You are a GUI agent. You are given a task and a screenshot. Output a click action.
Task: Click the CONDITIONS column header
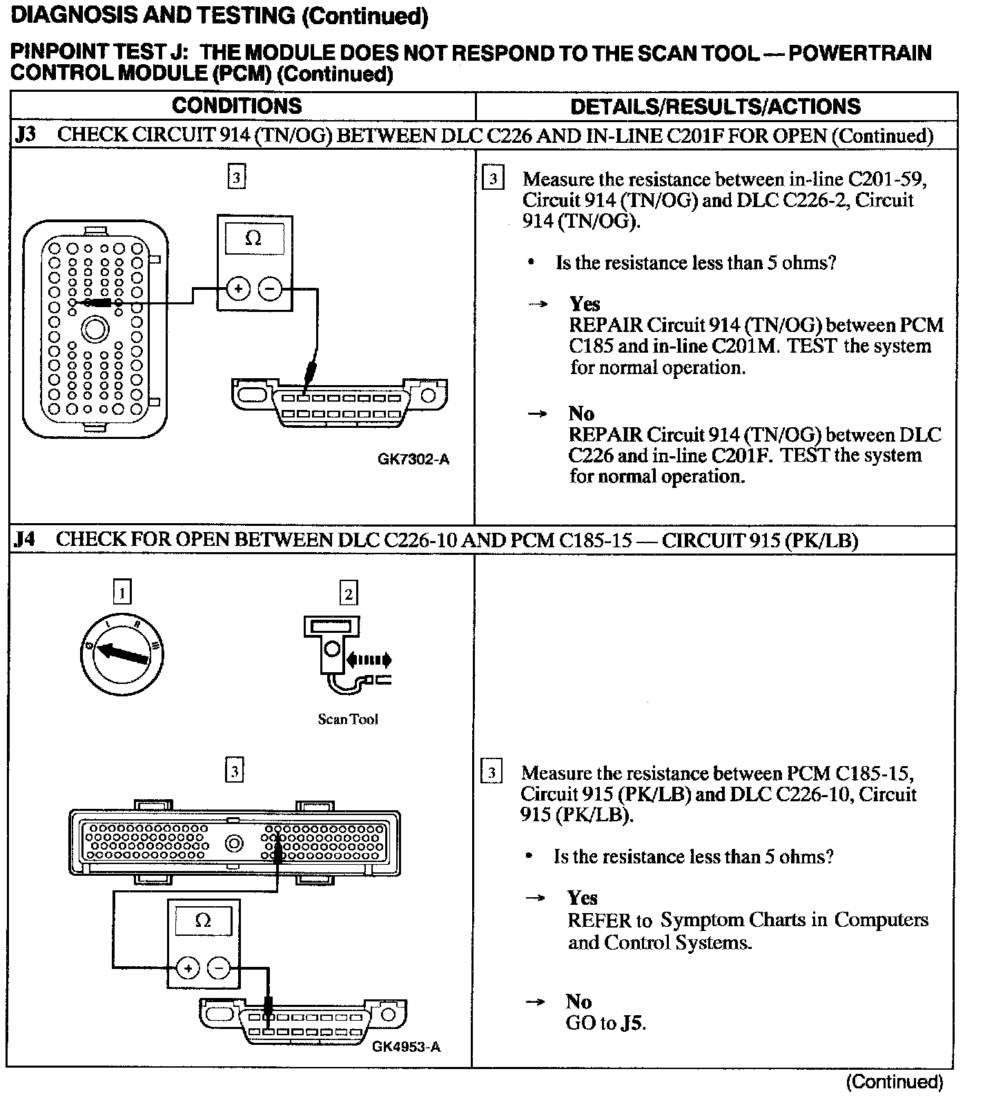(237, 106)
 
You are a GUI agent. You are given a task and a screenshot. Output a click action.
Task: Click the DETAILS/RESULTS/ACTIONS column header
(715, 106)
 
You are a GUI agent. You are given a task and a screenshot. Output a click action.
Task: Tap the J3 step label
(26, 135)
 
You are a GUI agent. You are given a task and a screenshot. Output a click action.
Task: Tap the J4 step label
(24, 539)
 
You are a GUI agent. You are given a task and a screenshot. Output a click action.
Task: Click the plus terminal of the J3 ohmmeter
(238, 289)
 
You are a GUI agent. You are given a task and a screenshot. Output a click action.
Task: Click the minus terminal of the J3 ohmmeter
(270, 289)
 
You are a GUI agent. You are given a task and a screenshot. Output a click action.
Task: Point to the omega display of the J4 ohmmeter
(203, 921)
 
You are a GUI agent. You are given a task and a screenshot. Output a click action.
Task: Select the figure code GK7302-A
(413, 459)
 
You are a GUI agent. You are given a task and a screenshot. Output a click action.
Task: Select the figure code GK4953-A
(406, 1047)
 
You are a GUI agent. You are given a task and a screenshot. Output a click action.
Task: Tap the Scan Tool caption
(348, 719)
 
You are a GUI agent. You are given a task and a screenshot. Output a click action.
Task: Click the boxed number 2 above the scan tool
(349, 593)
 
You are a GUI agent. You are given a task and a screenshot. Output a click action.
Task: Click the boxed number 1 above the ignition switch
(122, 592)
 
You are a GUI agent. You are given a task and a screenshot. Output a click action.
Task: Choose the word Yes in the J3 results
(585, 304)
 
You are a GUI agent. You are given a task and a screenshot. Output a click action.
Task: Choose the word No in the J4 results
(578, 1001)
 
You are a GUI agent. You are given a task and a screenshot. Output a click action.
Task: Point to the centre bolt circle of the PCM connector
(234, 843)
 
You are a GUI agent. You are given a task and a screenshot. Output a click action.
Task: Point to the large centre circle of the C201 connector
(93, 329)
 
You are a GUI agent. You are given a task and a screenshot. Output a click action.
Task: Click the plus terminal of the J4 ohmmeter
(187, 968)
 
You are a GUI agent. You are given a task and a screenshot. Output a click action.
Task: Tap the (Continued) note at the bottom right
(894, 1082)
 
